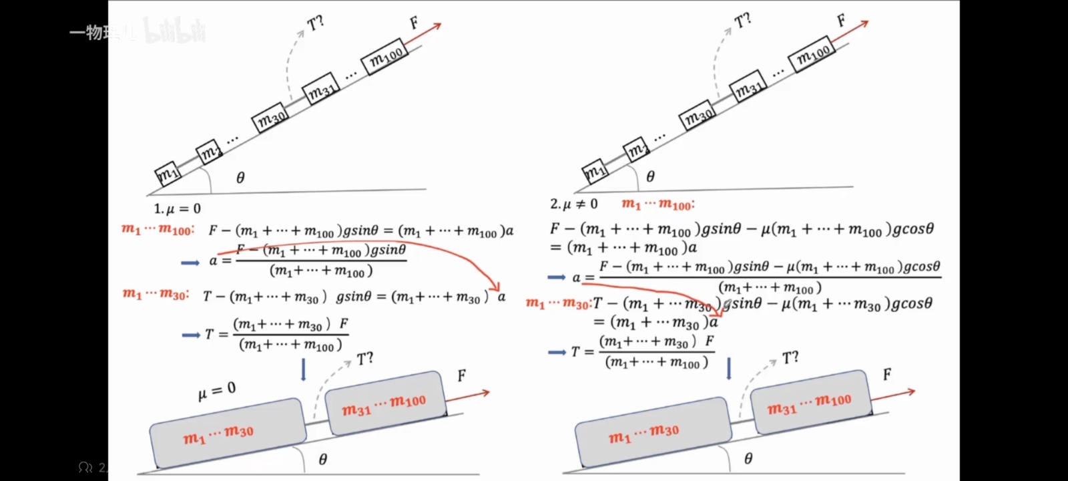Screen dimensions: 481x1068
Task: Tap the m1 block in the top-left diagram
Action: click(x=166, y=174)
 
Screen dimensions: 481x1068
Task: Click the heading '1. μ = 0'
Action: click(x=178, y=208)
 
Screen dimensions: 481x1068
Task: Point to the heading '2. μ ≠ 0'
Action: click(x=574, y=204)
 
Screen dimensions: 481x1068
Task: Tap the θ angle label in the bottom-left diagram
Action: click(x=323, y=460)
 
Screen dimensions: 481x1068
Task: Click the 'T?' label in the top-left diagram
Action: click(x=315, y=23)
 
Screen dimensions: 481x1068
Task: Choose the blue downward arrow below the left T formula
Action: click(x=304, y=369)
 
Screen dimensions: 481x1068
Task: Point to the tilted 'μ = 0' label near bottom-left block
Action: click(x=217, y=391)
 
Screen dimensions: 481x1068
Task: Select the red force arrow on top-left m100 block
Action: click(x=423, y=35)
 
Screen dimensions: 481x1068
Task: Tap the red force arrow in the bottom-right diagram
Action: click(x=892, y=394)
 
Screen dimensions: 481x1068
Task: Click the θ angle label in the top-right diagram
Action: click(x=650, y=176)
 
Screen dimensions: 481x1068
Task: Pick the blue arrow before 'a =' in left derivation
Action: click(x=190, y=263)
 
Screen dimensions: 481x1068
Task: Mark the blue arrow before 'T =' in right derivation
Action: click(x=557, y=352)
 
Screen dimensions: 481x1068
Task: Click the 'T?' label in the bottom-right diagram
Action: click(x=790, y=358)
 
